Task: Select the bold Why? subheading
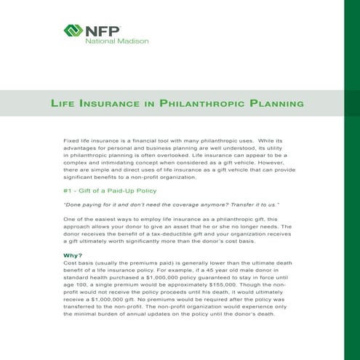coord(73,255)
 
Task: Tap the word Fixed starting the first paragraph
coord(74,137)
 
